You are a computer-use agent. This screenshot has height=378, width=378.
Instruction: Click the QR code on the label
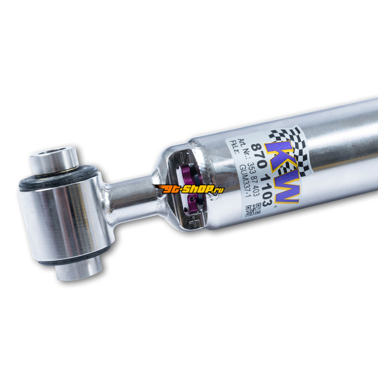[253, 209]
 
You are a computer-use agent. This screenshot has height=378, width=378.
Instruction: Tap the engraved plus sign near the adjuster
[194, 221]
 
